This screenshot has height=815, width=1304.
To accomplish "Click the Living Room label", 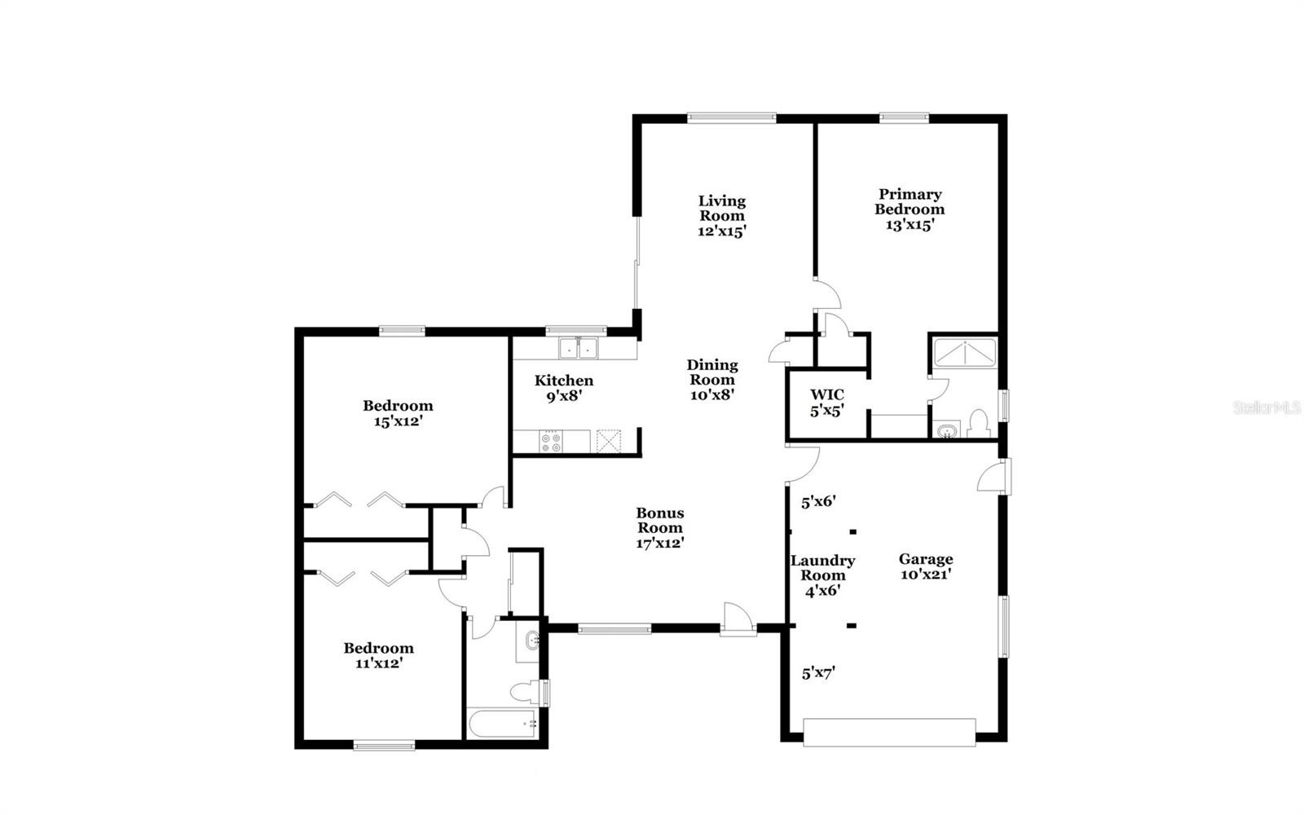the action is pyautogui.click(x=722, y=209).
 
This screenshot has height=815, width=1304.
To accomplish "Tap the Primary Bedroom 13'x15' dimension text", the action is pyautogui.click(x=910, y=225).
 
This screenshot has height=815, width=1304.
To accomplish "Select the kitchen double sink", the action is pyautogui.click(x=578, y=348).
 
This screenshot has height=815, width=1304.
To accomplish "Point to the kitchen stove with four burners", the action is pyautogui.click(x=551, y=441).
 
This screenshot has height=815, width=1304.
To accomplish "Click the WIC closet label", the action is pyautogui.click(x=826, y=395).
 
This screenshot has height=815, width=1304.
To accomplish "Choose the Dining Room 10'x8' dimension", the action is pyautogui.click(x=712, y=394).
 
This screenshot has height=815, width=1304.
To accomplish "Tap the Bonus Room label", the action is pyautogui.click(x=659, y=521).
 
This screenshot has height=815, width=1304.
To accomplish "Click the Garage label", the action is pyautogui.click(x=926, y=559).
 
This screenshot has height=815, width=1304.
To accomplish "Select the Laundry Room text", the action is pyautogui.click(x=822, y=567).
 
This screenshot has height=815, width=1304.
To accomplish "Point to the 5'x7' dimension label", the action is pyautogui.click(x=818, y=673).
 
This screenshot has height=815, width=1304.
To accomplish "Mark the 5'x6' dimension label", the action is pyautogui.click(x=818, y=502).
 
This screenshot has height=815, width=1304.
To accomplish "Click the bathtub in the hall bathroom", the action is pyautogui.click(x=502, y=724).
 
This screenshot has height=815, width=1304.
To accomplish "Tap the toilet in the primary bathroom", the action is pyautogui.click(x=979, y=423).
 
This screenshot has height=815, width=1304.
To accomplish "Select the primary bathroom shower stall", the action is pyautogui.click(x=965, y=353).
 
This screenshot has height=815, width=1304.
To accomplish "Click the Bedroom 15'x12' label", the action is pyautogui.click(x=399, y=413).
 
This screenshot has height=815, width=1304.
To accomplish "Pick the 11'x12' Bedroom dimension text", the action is pyautogui.click(x=379, y=663).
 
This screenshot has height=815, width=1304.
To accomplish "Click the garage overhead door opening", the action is pyautogui.click(x=889, y=733).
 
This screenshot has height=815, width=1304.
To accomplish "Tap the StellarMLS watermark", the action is pyautogui.click(x=1267, y=407).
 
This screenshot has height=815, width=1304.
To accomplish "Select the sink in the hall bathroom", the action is pyautogui.click(x=531, y=641).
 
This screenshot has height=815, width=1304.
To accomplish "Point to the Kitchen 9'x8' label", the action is pyautogui.click(x=564, y=388).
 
